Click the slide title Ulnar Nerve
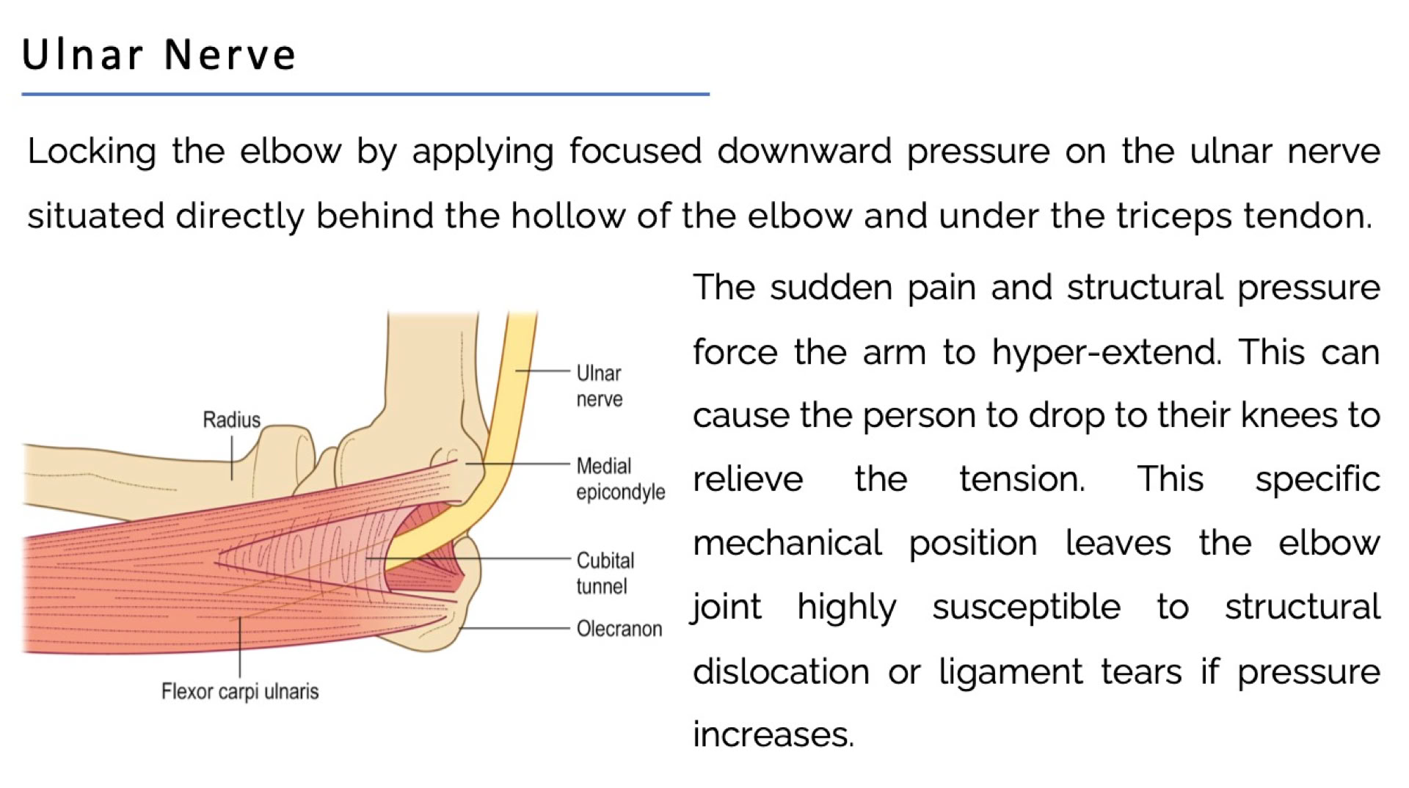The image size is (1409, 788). [159, 54]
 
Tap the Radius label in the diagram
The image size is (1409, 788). [231, 420]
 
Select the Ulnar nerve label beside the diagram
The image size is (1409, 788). [599, 386]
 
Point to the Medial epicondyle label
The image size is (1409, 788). [620, 478]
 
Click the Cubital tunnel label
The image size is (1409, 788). [605, 573]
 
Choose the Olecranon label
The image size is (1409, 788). [619, 629]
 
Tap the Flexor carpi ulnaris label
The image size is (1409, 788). [240, 691]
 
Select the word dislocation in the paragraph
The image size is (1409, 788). [781, 671]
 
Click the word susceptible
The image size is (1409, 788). [1026, 608]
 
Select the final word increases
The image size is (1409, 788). [773, 734]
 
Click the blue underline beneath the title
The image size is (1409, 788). [365, 94]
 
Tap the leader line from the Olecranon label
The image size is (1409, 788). [514, 629]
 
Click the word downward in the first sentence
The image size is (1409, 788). [804, 151]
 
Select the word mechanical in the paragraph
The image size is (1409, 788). [787, 544]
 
